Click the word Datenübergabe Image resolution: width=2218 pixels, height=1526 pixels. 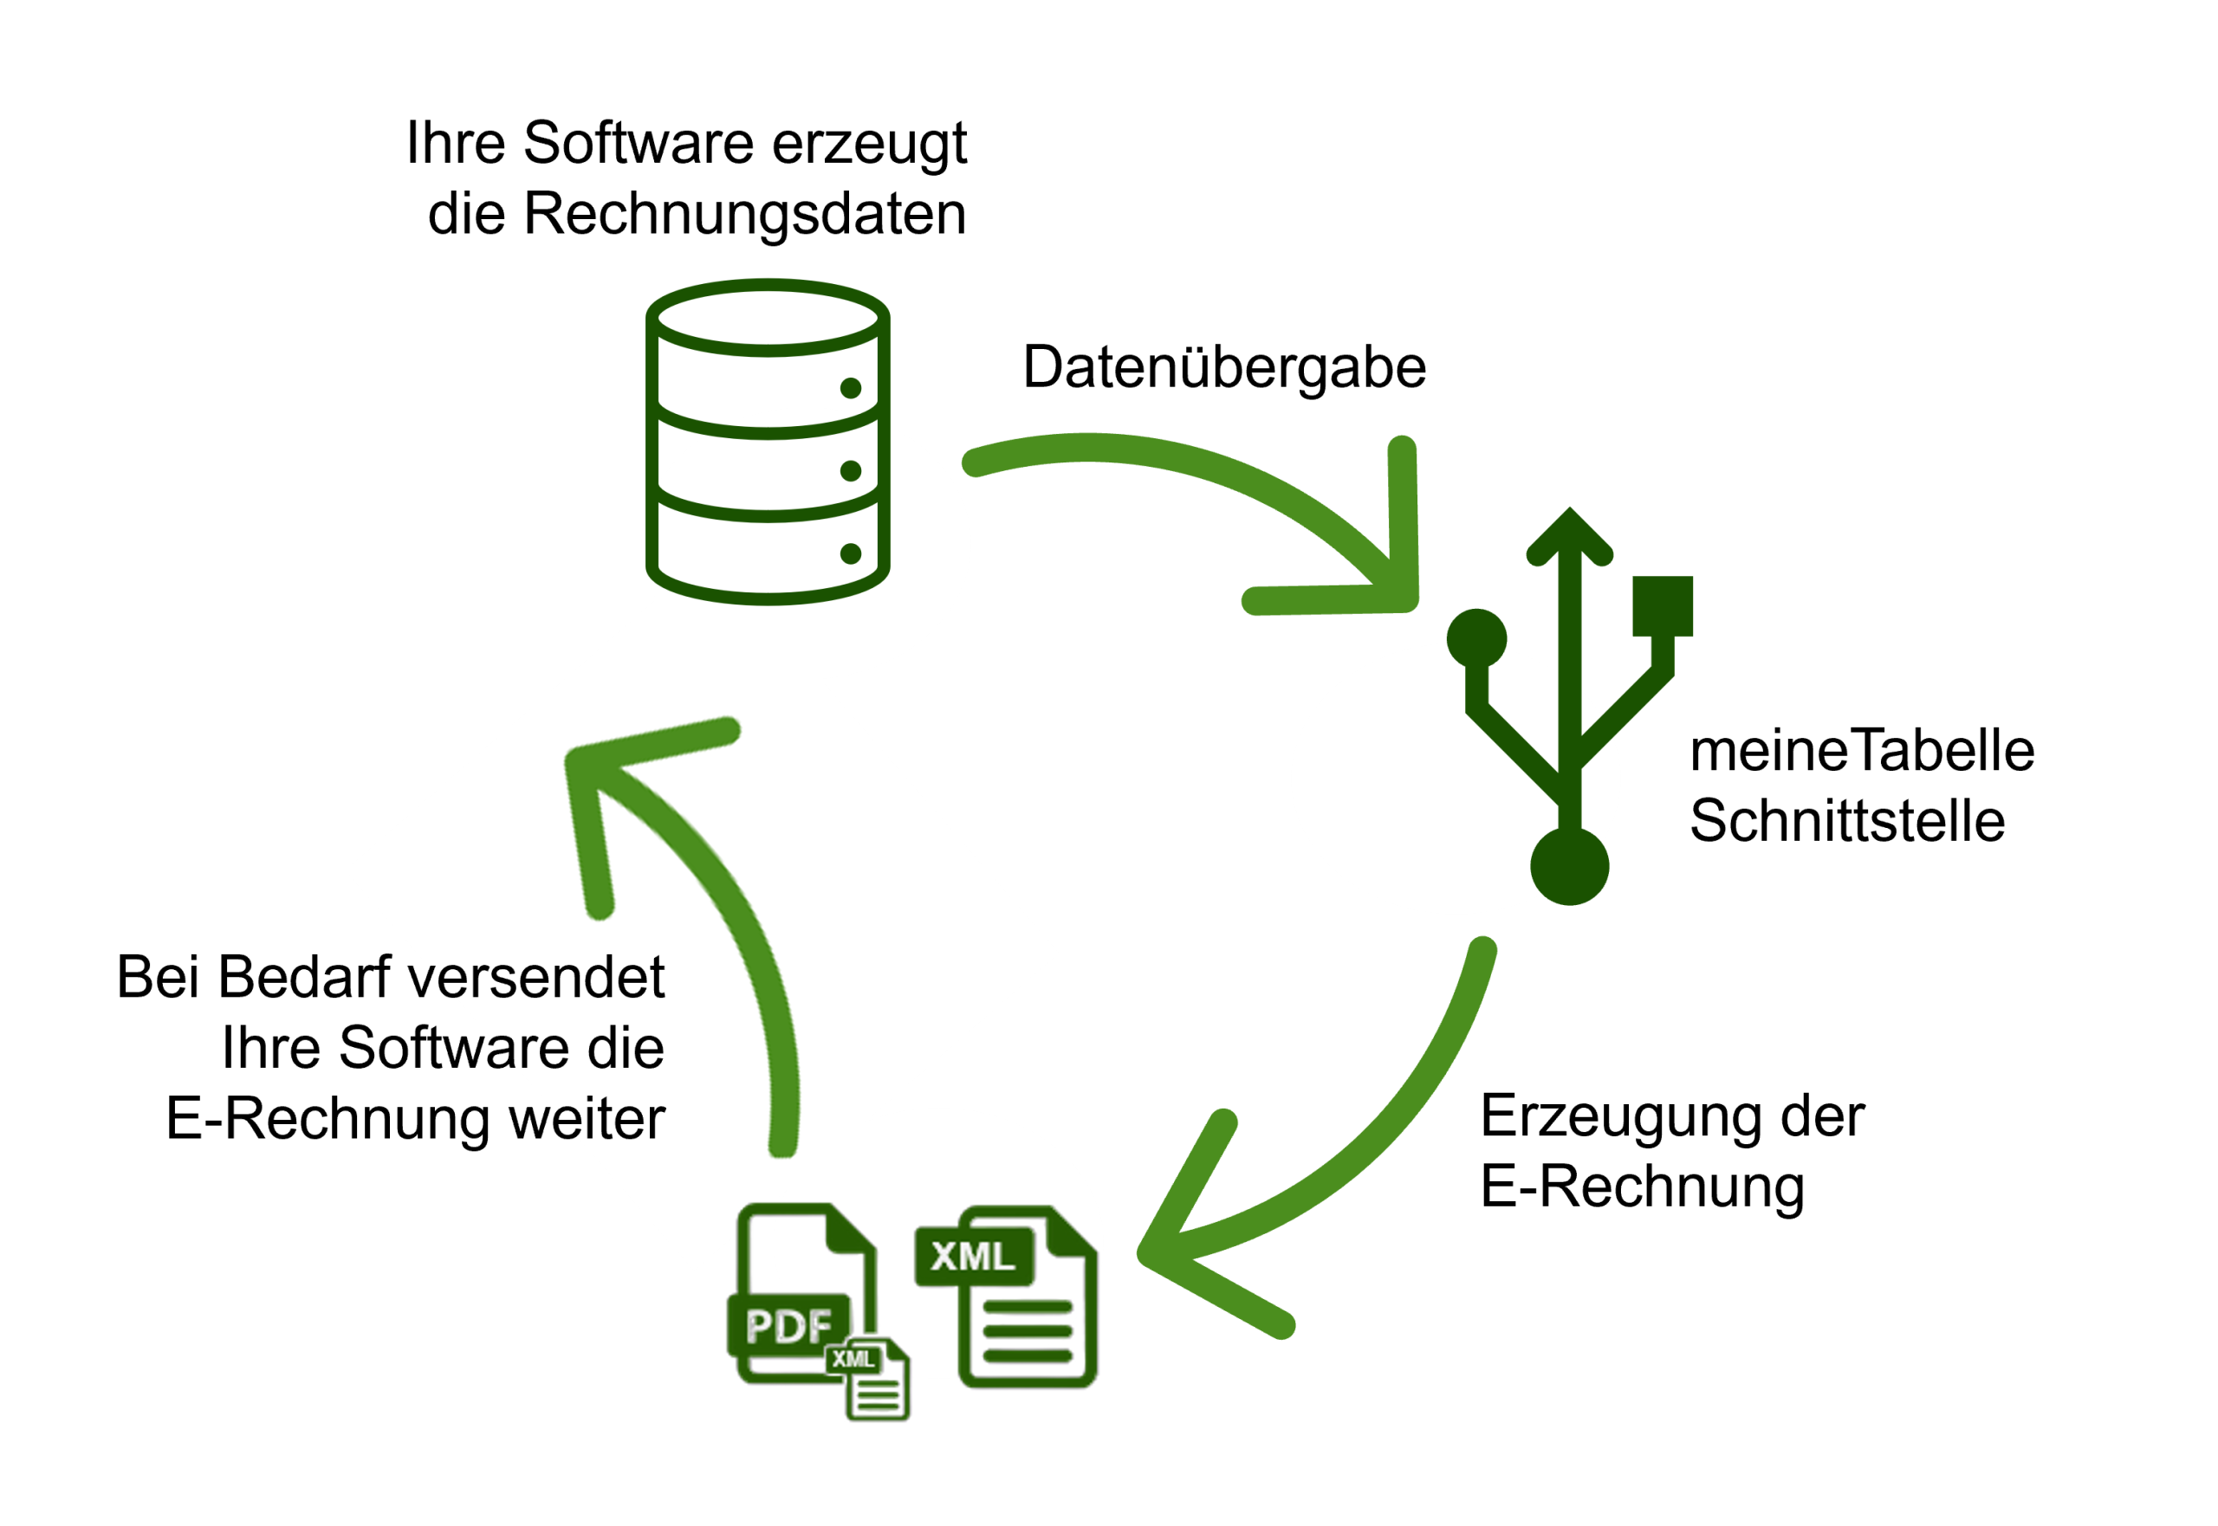point(1223,367)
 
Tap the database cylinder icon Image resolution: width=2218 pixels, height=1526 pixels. point(767,442)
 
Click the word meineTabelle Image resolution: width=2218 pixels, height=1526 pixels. point(1861,751)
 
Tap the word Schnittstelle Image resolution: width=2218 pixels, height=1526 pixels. point(1846,821)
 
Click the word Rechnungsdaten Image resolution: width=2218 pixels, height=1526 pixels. point(744,213)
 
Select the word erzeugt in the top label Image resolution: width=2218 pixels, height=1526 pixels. point(868,144)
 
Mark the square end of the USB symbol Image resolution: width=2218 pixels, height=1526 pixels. point(1663,605)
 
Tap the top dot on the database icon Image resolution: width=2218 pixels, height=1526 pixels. point(850,387)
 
